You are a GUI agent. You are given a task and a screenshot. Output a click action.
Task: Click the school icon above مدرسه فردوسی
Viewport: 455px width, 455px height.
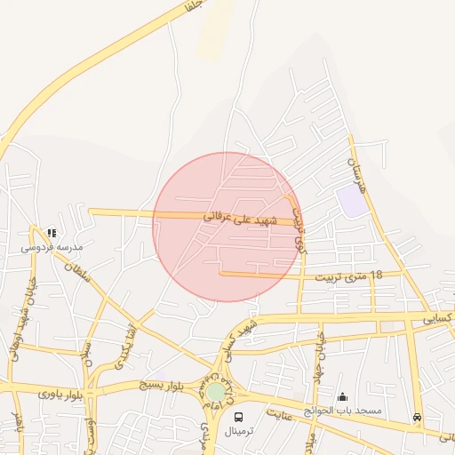52,233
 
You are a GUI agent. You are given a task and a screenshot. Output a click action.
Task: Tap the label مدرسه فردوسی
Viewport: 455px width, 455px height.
52,246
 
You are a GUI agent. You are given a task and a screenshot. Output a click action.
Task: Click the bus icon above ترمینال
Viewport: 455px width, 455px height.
238,416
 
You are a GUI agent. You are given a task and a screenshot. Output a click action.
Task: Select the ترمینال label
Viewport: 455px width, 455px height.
238,430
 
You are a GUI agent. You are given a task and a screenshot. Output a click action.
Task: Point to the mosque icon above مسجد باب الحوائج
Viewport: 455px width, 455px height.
342,396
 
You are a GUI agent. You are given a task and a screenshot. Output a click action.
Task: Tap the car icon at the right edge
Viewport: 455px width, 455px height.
417,417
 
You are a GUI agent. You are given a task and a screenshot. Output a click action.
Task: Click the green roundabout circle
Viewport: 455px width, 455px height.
216,392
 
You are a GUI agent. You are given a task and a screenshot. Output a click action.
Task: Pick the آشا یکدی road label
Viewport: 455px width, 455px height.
124,346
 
